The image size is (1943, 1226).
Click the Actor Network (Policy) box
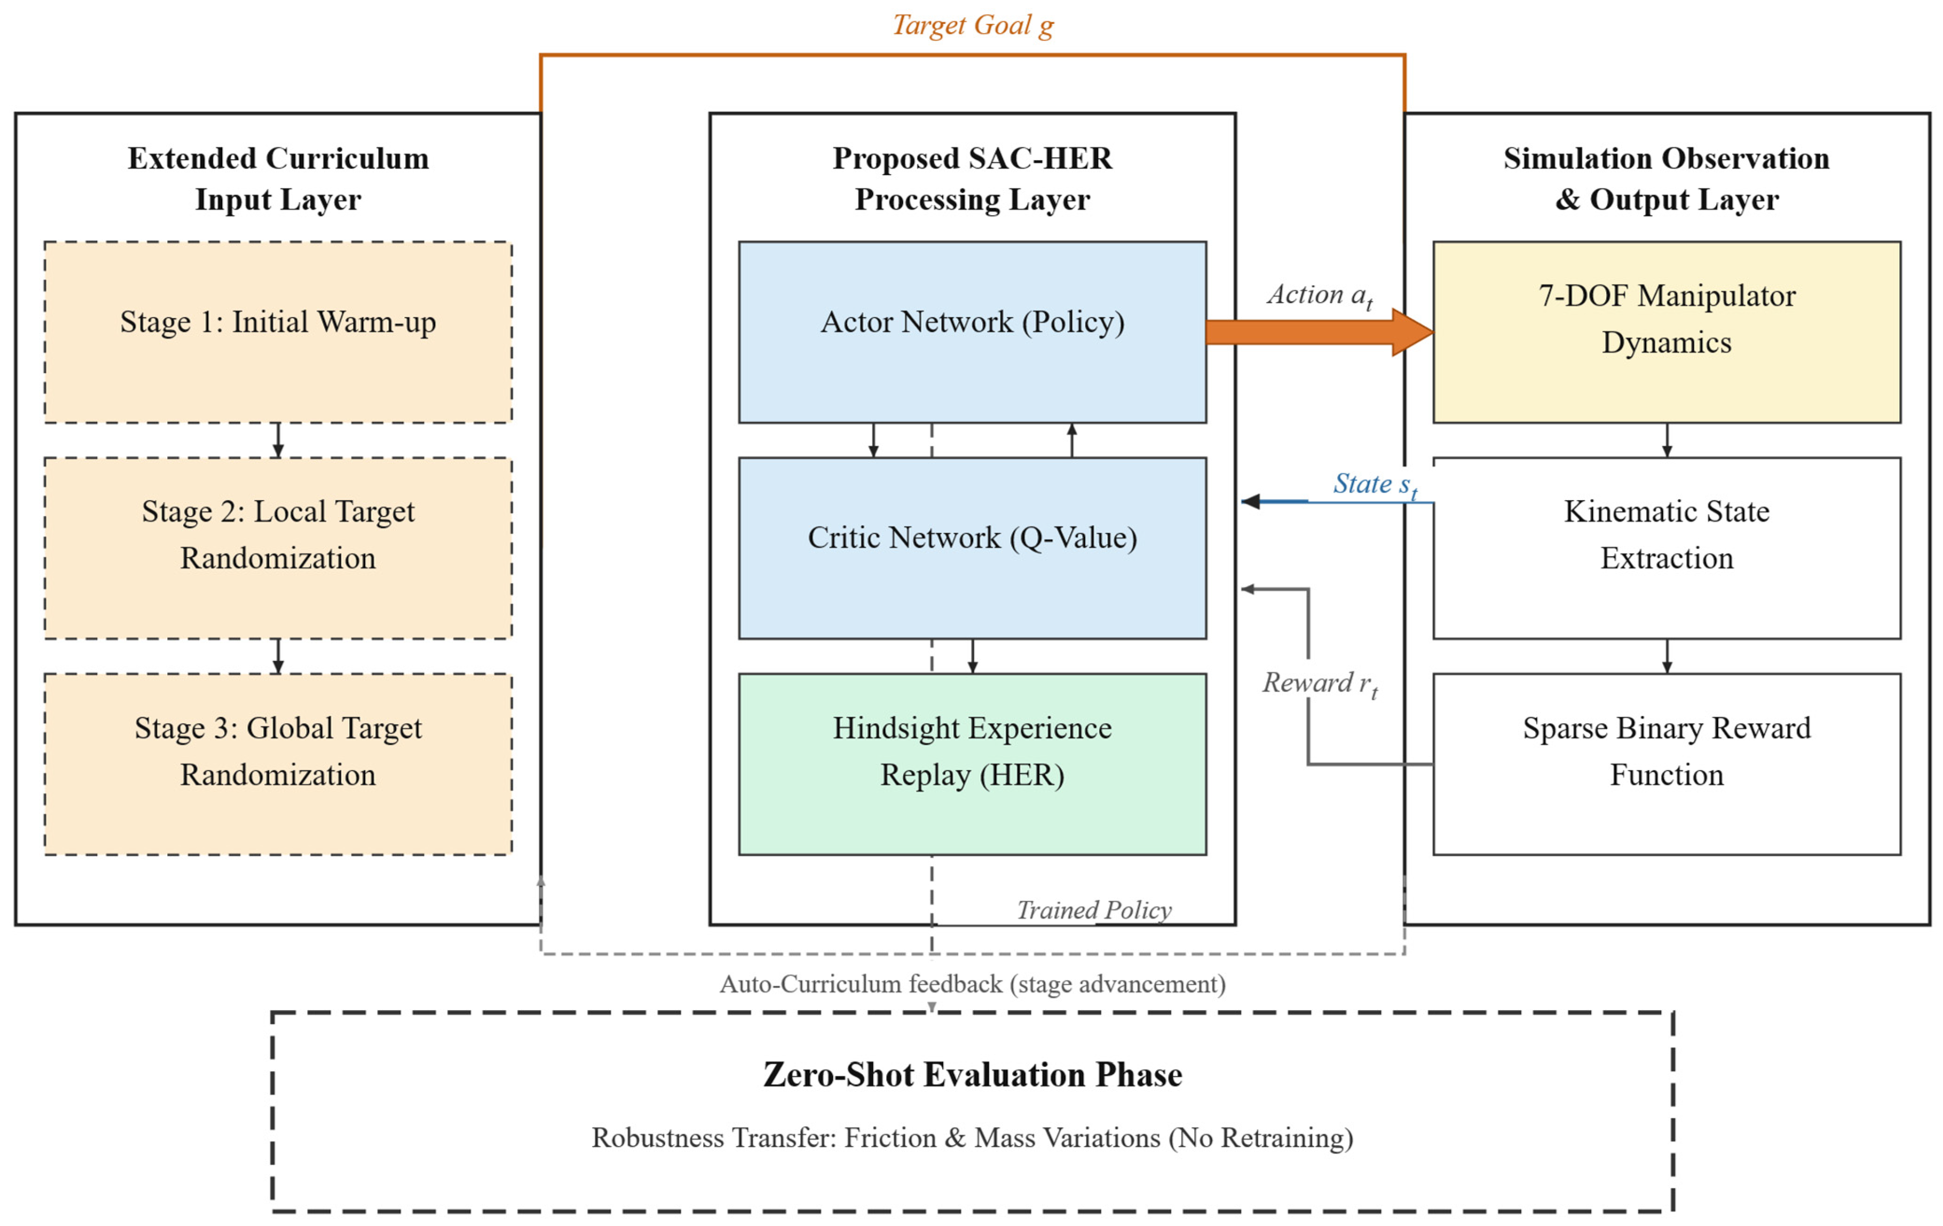[x=972, y=332]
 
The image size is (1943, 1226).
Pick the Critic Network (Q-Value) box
[x=972, y=548]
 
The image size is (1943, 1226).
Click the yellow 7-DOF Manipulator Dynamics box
[x=1667, y=332]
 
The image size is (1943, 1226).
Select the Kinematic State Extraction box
[x=1667, y=548]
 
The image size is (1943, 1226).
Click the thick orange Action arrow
[x=1319, y=332]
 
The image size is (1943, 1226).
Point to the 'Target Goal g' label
[x=973, y=26]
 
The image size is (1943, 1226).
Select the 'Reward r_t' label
[x=1320, y=684]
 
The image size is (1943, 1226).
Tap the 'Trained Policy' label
[x=1094, y=910]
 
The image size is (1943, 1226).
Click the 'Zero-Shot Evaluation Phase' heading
[x=973, y=1074]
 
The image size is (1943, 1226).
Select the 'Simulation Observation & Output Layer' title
[x=1667, y=179]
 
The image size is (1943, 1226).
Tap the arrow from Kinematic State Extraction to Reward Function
[x=1667, y=657]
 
